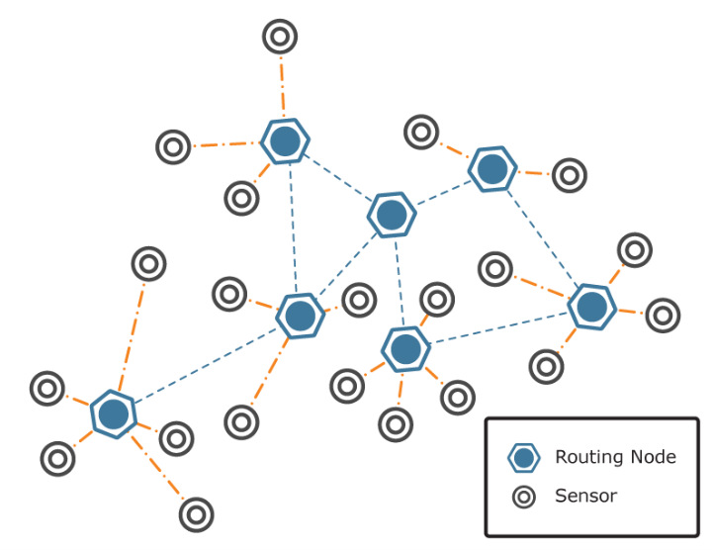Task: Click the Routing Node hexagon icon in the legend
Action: (x=523, y=457)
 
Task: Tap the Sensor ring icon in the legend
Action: (x=523, y=496)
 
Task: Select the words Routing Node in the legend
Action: (x=615, y=457)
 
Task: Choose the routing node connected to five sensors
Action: (x=113, y=414)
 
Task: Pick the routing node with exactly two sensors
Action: (x=492, y=169)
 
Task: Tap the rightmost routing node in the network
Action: (x=591, y=307)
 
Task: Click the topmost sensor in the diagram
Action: (x=280, y=38)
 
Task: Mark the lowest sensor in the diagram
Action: (x=196, y=513)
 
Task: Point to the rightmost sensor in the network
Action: (x=663, y=316)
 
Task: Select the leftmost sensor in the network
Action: (x=46, y=388)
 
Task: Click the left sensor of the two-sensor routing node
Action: (x=421, y=132)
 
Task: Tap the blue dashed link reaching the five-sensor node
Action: (x=206, y=365)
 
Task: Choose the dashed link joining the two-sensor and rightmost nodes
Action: (x=542, y=237)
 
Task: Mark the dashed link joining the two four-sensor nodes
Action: (x=497, y=327)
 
